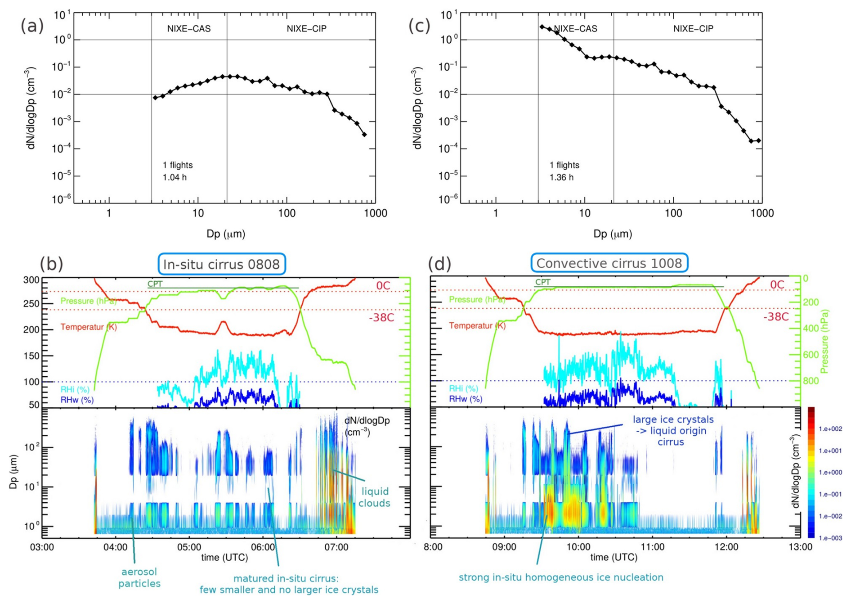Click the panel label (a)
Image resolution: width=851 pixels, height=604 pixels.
tap(32, 27)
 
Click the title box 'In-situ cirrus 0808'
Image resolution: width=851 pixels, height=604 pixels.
tap(222, 264)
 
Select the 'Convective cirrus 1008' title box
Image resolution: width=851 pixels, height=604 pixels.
tap(609, 263)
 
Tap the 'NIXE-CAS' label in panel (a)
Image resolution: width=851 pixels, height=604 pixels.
tap(189, 29)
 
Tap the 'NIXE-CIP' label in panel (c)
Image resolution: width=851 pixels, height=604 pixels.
tap(693, 29)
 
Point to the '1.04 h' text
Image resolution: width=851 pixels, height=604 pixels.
tap(175, 177)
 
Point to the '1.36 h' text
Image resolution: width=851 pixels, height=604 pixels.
tap(561, 177)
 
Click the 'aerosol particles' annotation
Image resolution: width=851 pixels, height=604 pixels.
tap(139, 577)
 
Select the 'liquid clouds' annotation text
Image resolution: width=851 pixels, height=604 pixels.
tap(374, 497)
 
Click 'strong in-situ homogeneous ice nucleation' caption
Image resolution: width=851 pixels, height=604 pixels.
tap(561, 577)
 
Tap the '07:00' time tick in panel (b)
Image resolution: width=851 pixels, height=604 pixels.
tap(336, 547)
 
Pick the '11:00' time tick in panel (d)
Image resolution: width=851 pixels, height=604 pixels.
tap(652, 547)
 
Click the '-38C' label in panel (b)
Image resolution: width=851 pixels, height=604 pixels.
tap(381, 318)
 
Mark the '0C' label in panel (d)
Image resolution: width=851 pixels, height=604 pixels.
tap(777, 285)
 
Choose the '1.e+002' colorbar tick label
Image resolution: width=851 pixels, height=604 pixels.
tap(830, 429)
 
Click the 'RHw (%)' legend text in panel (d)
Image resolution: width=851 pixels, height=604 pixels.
tap(466, 399)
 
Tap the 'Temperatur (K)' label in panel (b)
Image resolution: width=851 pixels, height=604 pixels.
tap(89, 327)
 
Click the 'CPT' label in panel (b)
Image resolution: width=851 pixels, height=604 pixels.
tap(155, 284)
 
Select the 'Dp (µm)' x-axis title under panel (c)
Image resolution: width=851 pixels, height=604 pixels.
tap(613, 234)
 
